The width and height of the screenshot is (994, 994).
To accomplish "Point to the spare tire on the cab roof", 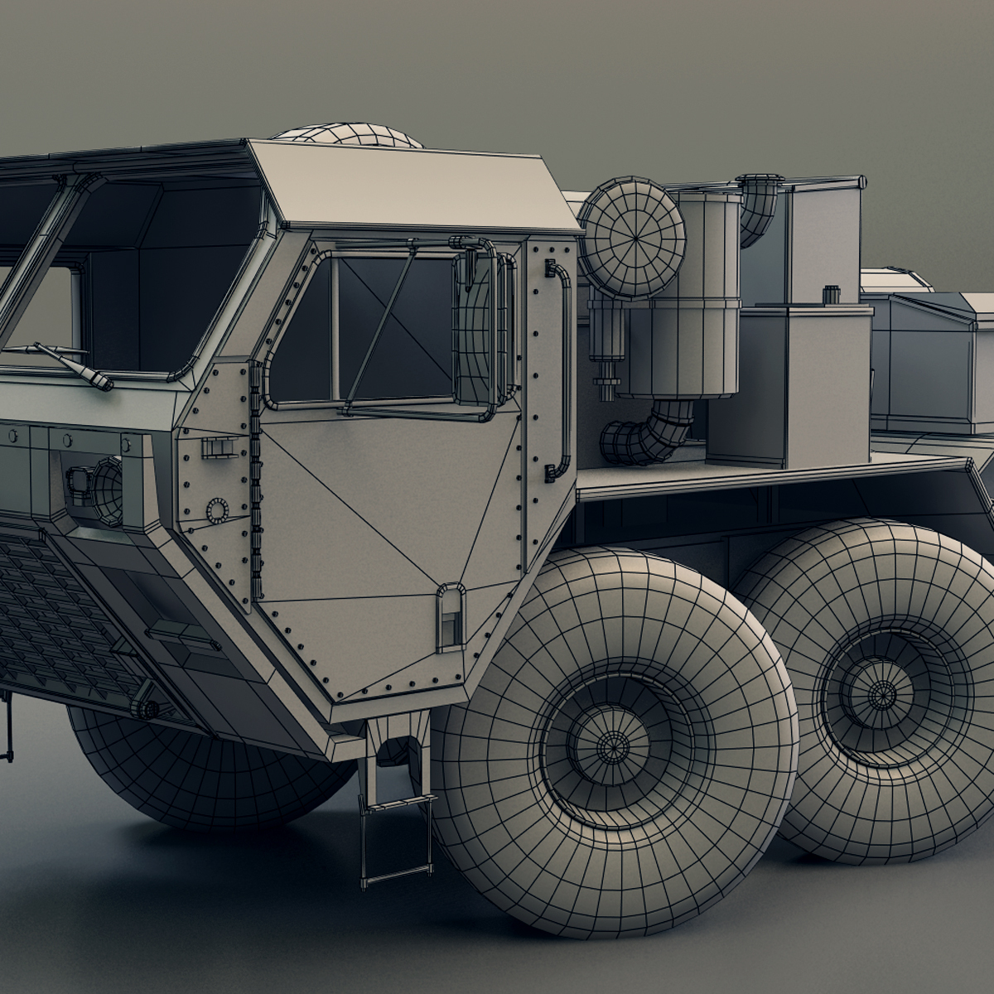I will pyautogui.click(x=348, y=134).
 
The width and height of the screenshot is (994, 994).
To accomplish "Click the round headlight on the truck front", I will pyautogui.click(x=108, y=493).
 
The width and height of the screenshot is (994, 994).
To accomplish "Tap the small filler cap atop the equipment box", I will pyautogui.click(x=831, y=294).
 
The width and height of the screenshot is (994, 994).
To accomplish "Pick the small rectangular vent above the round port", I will pyautogui.click(x=214, y=447).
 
